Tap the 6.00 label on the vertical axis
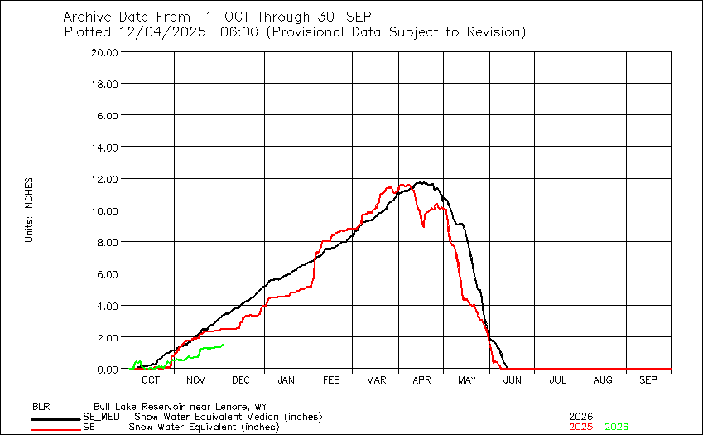click(109, 273)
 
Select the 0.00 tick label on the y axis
click(109, 369)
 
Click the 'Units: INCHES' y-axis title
click(29, 210)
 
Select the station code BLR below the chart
click(41, 407)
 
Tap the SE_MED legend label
click(100, 417)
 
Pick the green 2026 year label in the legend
click(617, 427)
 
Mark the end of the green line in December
click(224, 346)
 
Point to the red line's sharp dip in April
click(423, 225)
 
